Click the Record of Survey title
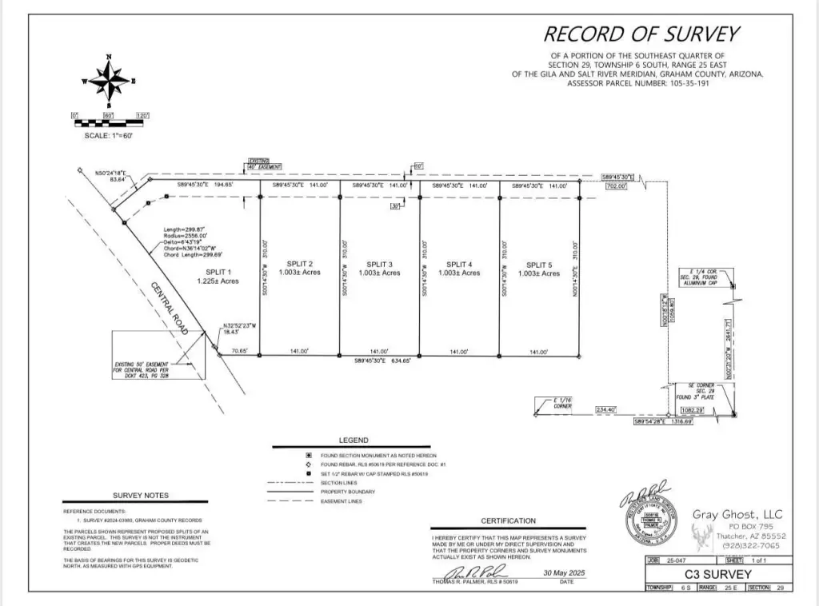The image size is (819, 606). click(641, 34)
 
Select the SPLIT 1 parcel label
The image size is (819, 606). click(218, 272)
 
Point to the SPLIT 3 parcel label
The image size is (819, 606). click(380, 264)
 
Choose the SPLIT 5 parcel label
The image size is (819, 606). click(539, 264)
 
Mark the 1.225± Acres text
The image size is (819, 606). click(218, 281)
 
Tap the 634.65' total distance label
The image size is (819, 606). click(380, 361)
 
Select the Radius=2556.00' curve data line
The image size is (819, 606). click(185, 236)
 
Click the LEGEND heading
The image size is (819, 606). click(354, 440)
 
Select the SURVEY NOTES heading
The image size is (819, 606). click(138, 496)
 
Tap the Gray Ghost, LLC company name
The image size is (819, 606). click(737, 514)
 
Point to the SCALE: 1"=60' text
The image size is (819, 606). click(108, 136)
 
